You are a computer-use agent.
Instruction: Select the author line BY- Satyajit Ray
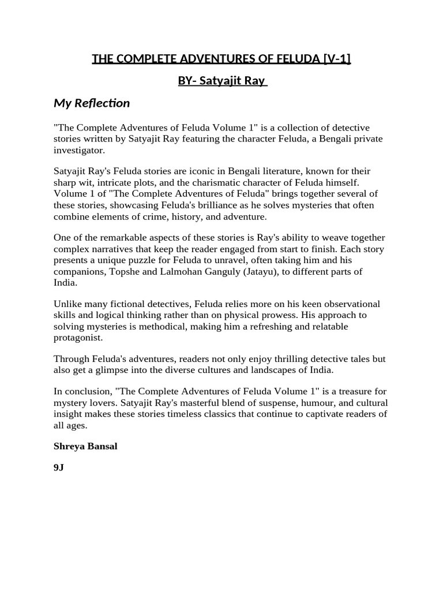222,81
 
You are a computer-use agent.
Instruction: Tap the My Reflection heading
92,103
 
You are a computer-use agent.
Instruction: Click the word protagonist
78,338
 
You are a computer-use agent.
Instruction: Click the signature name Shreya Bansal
85,446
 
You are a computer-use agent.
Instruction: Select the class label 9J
58,468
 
